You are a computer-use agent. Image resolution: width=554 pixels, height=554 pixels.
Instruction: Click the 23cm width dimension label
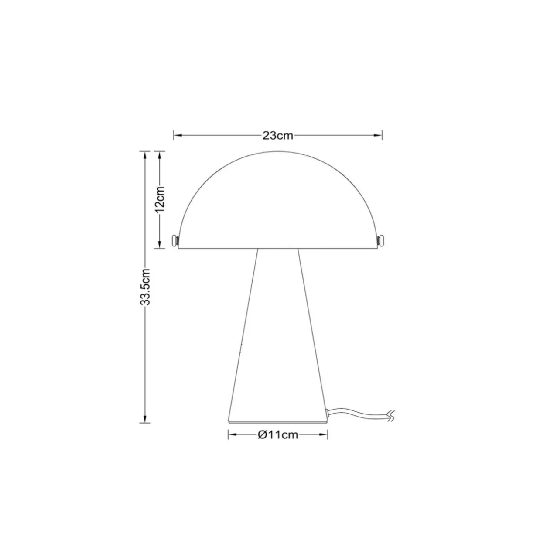point(278,135)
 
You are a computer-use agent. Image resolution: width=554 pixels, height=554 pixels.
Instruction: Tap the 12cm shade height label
point(160,199)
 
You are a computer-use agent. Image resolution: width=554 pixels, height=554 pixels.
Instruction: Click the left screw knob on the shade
point(174,240)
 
